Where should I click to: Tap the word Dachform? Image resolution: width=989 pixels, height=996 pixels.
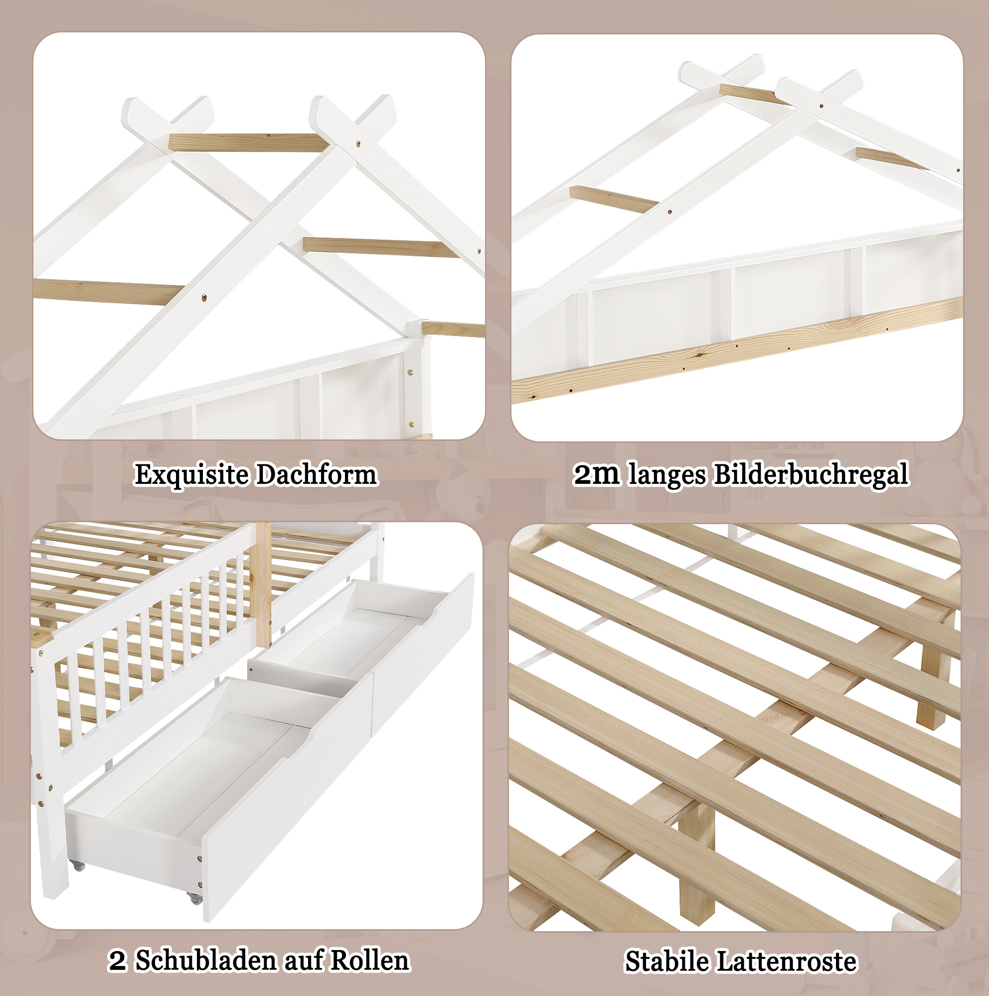coord(317,474)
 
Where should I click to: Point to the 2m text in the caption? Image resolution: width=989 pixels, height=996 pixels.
coord(597,474)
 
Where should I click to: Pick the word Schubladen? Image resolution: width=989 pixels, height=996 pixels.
coord(206,961)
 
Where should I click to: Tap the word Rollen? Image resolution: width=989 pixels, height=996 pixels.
coord(369,961)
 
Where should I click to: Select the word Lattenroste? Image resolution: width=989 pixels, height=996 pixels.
coord(787,962)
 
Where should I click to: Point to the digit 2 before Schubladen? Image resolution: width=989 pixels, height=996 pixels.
coord(118,961)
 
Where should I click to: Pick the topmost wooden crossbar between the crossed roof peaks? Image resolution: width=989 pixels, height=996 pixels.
coord(246,143)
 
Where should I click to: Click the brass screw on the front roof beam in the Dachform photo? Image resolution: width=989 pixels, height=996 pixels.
coord(204,297)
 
